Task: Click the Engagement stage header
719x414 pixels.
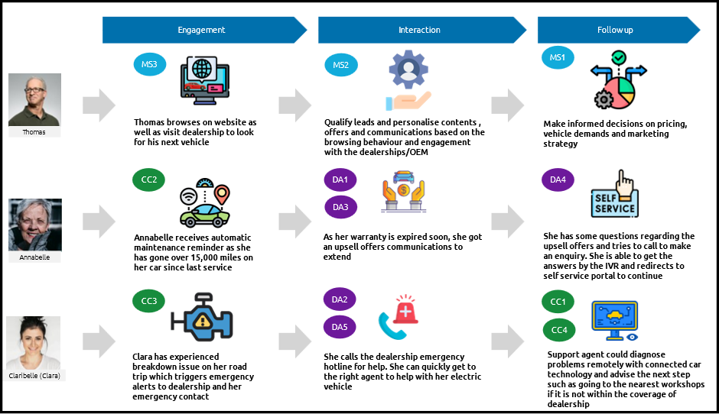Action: click(202, 30)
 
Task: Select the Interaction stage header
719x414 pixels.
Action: click(420, 30)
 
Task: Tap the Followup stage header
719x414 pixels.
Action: click(616, 30)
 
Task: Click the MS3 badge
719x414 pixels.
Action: click(149, 65)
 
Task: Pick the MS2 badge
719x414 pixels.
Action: click(340, 65)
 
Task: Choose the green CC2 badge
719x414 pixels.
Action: click(149, 180)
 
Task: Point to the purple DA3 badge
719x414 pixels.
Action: click(340, 207)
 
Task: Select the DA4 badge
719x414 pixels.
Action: click(558, 180)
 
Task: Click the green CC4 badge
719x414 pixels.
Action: click(559, 330)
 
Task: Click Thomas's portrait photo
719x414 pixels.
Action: click(34, 100)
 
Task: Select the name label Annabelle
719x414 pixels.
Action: click(34, 257)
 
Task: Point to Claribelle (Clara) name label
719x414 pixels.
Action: click(34, 376)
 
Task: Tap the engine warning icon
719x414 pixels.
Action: click(202, 315)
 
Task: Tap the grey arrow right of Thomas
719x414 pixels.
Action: click(99, 105)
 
